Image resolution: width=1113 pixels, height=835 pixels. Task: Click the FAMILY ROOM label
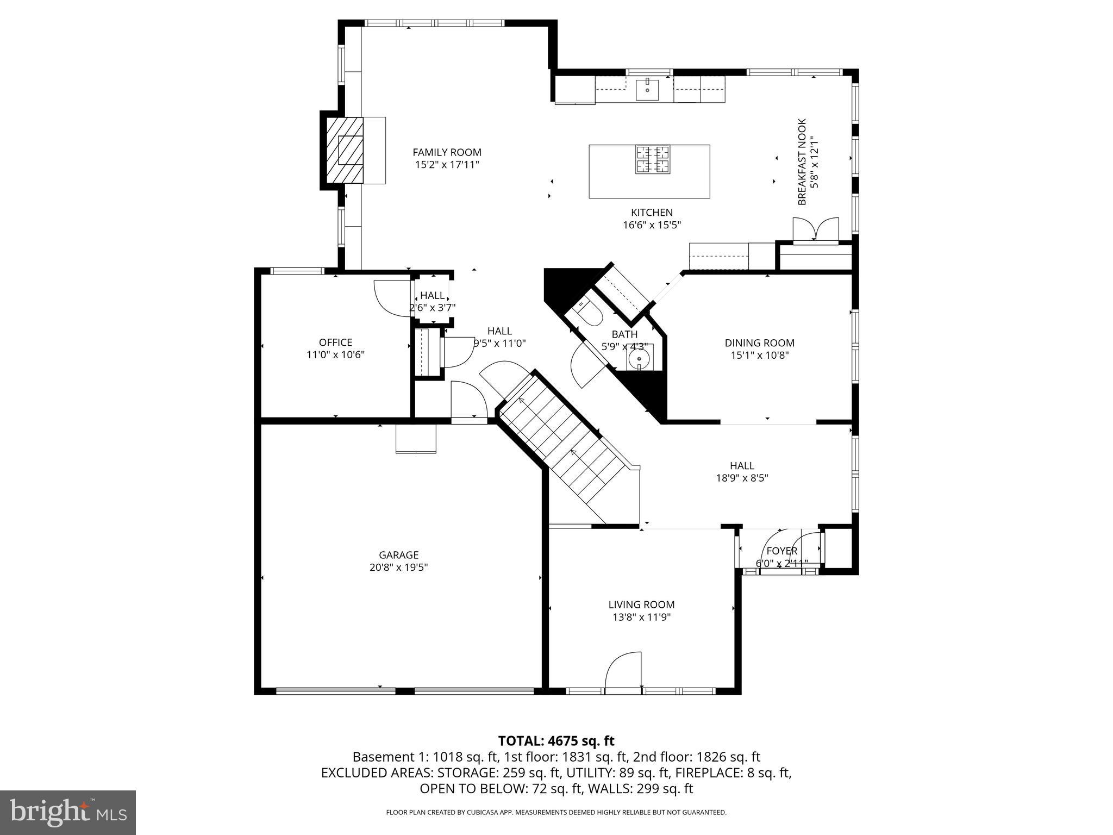point(447,152)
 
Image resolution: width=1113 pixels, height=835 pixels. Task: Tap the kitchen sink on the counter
point(647,89)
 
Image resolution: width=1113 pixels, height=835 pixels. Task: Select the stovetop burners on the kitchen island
point(653,159)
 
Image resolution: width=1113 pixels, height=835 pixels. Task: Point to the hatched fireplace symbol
point(345,151)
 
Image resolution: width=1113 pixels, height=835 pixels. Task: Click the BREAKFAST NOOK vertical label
point(802,162)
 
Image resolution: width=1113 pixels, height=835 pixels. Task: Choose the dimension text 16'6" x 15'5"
point(652,225)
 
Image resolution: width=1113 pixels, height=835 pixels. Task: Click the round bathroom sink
point(639,359)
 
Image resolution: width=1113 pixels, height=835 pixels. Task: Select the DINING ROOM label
point(759,343)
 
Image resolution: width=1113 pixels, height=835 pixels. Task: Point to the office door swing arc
point(390,296)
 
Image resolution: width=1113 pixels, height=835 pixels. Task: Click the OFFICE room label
point(335,342)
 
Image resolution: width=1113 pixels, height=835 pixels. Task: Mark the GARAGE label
point(398,555)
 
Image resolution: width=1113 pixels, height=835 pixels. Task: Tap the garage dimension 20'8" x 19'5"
point(398,568)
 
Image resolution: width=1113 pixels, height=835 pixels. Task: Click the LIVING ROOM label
point(641,605)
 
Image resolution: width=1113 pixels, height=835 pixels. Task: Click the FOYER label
point(781,551)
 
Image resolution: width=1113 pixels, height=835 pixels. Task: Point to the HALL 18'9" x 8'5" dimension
point(742,478)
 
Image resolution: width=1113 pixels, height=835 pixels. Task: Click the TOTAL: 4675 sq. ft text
point(556,741)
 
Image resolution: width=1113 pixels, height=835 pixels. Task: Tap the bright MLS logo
point(68,812)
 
